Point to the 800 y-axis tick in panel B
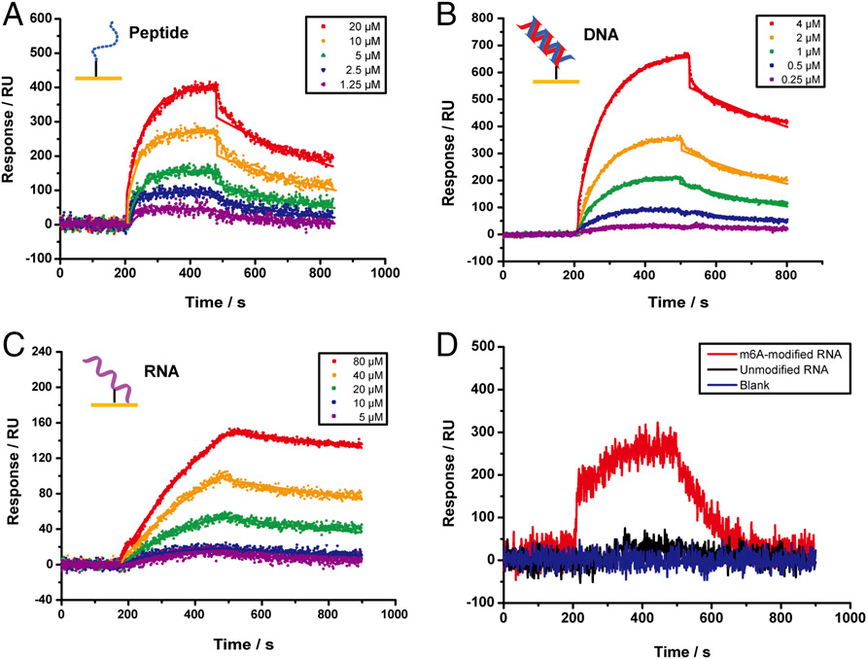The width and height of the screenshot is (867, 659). coord(483,17)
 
